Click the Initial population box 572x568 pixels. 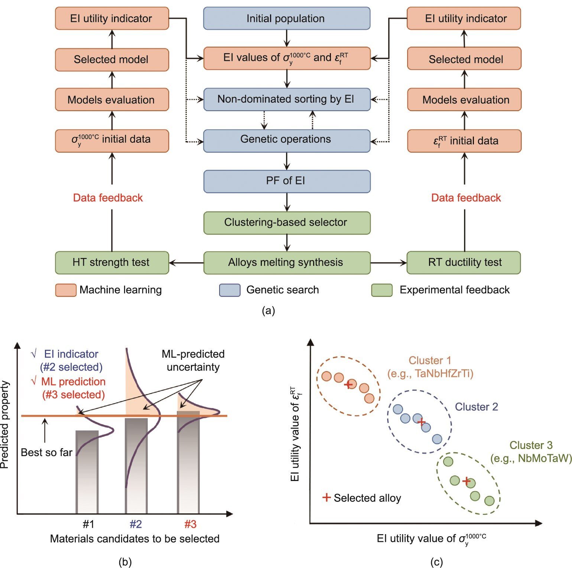tap(286, 18)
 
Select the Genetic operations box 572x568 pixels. tap(286, 140)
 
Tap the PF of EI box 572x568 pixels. tap(286, 181)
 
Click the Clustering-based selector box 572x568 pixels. tap(286, 223)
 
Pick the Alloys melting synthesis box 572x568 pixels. tap(286, 262)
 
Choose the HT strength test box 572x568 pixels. tap(111, 262)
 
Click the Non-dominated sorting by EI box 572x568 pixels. tap(286, 99)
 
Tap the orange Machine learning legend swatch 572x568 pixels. tap(65, 290)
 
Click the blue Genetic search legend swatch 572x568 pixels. tap(230, 290)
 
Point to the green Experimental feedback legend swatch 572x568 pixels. tap(382, 290)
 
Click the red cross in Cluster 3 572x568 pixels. tap(467, 481)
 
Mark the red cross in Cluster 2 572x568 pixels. tap(421, 422)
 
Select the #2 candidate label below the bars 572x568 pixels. tap(136, 524)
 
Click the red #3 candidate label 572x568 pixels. tap(190, 524)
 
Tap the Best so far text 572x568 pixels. tap(46, 452)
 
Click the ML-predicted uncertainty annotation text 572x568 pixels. tap(193, 360)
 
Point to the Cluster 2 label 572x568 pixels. tap(476, 407)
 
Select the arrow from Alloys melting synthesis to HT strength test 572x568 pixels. tap(186, 263)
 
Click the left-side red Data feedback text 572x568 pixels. tap(108, 198)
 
